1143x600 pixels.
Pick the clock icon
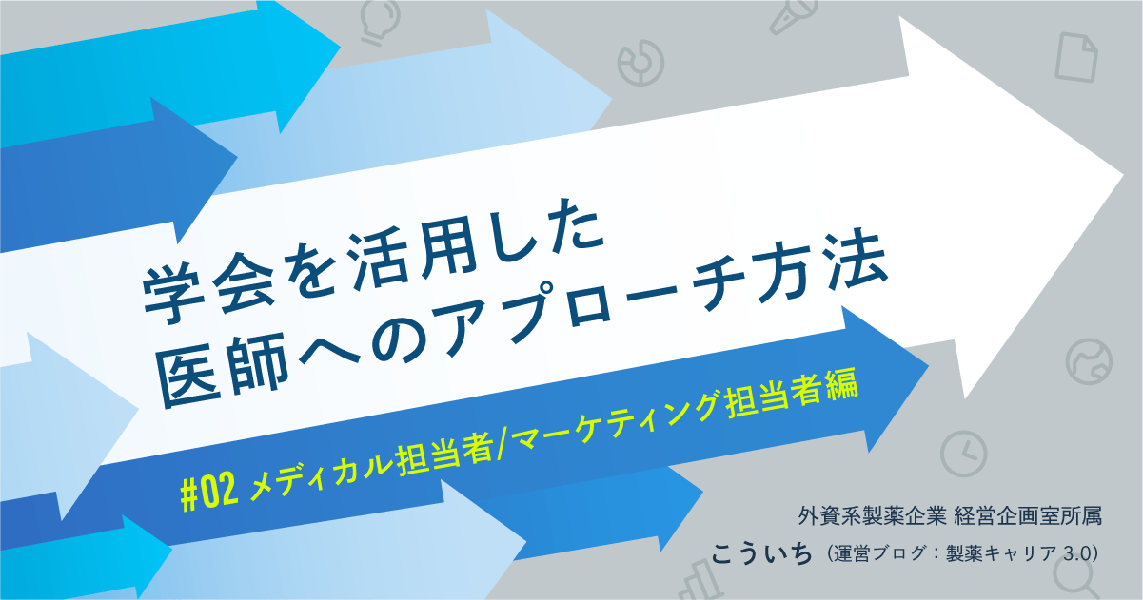point(964,453)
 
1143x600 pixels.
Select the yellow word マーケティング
point(603,419)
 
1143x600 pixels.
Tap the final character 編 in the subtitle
point(842,387)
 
